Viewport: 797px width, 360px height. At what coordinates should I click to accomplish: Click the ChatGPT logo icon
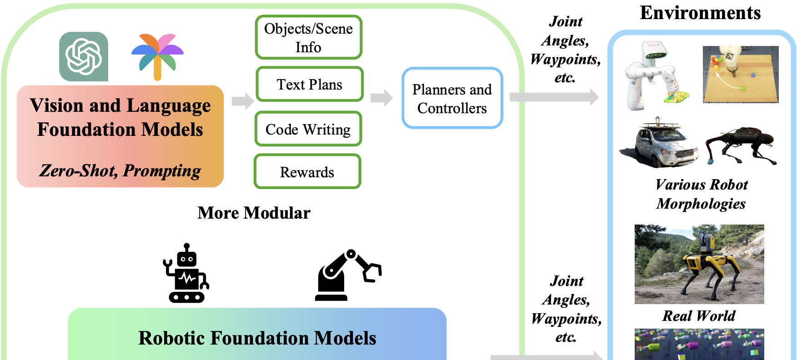(x=84, y=56)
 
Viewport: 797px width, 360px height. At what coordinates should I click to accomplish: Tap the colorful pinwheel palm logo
(x=157, y=56)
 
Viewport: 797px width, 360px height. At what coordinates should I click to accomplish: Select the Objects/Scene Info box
(x=309, y=38)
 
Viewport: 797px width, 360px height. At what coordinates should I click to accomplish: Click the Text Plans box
(x=310, y=85)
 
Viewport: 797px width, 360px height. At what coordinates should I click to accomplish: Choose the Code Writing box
(x=308, y=130)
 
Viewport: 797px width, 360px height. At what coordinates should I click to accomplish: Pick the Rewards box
(x=307, y=172)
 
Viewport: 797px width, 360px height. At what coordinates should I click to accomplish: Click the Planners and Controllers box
(x=452, y=99)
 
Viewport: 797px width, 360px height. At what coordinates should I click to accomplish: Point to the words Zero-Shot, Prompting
(x=120, y=171)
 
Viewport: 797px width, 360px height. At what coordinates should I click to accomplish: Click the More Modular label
(x=254, y=213)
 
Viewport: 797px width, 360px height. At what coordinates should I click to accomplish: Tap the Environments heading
(x=700, y=13)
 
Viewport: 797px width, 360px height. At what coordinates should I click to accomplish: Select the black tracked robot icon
(x=186, y=274)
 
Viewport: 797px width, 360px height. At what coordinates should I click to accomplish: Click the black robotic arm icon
(x=348, y=275)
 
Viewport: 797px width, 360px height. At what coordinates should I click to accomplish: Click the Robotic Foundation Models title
(x=257, y=338)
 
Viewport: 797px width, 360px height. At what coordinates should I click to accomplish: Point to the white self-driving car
(x=658, y=144)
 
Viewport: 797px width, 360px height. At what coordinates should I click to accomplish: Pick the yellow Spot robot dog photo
(x=699, y=264)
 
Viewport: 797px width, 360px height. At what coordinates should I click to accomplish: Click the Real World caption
(x=699, y=316)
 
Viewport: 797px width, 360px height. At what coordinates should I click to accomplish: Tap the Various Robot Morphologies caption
(x=701, y=194)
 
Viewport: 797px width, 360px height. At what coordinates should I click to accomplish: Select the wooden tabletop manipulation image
(x=740, y=74)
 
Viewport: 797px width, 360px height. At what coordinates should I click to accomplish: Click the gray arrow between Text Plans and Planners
(x=381, y=98)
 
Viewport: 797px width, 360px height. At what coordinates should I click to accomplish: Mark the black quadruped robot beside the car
(x=741, y=145)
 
